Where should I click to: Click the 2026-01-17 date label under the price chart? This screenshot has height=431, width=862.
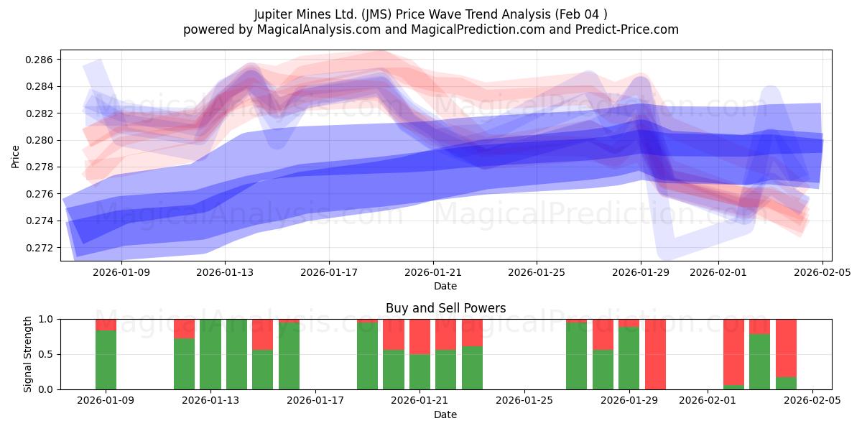click(x=329, y=272)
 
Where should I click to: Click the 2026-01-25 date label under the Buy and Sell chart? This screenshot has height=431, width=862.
click(x=524, y=401)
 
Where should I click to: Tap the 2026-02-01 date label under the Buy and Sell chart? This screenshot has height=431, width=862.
click(x=708, y=401)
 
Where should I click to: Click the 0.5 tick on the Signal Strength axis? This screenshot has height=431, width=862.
click(x=46, y=354)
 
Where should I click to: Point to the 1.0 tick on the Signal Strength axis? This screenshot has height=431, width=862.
click(x=46, y=319)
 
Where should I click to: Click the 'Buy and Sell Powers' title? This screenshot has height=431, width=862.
click(x=445, y=308)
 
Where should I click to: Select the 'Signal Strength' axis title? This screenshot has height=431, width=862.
click(x=28, y=354)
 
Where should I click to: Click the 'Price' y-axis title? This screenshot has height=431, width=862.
click(x=16, y=155)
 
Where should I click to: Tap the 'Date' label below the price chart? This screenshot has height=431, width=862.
click(x=445, y=286)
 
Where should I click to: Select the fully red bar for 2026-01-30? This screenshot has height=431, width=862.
click(x=655, y=354)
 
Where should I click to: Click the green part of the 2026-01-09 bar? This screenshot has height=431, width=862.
click(x=106, y=359)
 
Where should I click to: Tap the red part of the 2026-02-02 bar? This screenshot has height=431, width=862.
click(x=733, y=351)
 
